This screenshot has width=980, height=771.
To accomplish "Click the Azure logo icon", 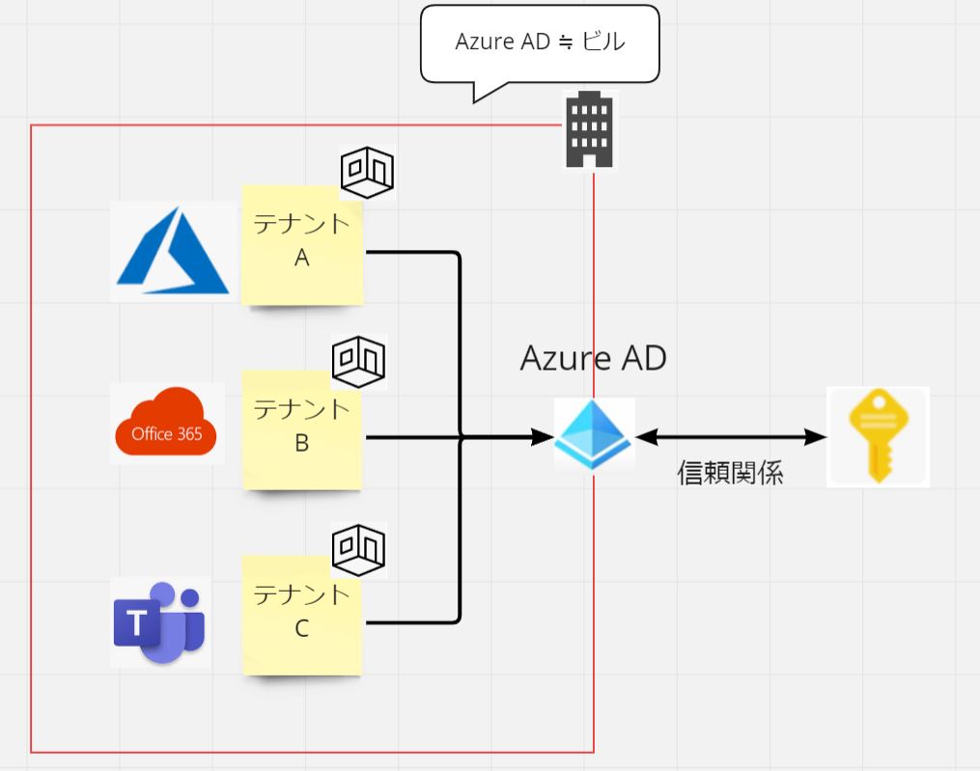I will pyautogui.click(x=173, y=252).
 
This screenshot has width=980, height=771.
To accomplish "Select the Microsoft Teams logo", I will pyautogui.click(x=160, y=622).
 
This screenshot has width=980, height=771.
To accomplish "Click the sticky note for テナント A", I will pyautogui.click(x=302, y=245).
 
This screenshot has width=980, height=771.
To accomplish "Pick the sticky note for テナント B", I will pyautogui.click(x=302, y=429).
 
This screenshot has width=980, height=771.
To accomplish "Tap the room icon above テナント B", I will pyautogui.click(x=359, y=361).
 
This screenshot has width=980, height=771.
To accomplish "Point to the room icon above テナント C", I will pyautogui.click(x=359, y=548).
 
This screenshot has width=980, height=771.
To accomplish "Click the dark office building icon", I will pyautogui.click(x=590, y=130).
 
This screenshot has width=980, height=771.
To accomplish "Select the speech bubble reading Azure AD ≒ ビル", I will pyautogui.click(x=540, y=43).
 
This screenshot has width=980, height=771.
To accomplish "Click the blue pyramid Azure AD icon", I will pyautogui.click(x=594, y=435).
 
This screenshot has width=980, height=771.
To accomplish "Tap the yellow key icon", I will pyautogui.click(x=878, y=436).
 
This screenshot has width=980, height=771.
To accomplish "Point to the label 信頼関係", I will pyautogui.click(x=730, y=473).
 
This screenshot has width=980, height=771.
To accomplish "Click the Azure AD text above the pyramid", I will pyautogui.click(x=593, y=359).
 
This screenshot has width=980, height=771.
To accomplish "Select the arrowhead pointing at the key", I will pyautogui.click(x=818, y=437).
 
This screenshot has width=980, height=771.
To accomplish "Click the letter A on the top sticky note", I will pyautogui.click(x=302, y=259).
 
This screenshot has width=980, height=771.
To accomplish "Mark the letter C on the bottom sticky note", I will pyautogui.click(x=302, y=628).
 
